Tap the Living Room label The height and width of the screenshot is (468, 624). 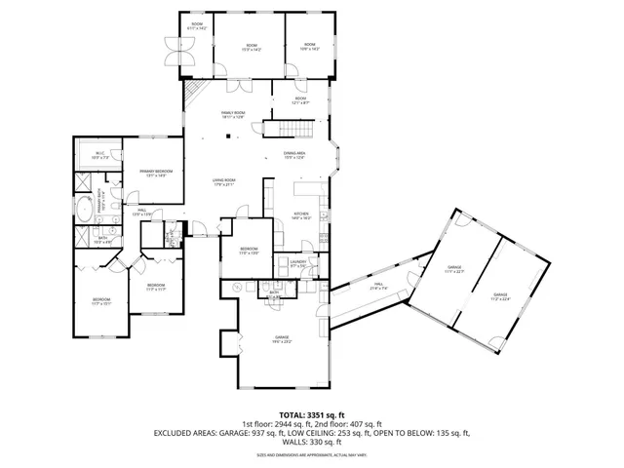click(x=225, y=182)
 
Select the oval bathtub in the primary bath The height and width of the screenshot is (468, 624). click(x=86, y=209)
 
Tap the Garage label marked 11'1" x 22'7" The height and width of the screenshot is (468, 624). click(x=454, y=268)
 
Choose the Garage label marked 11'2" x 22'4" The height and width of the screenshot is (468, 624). click(x=500, y=296)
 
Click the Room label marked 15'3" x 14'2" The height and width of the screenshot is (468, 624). click(x=252, y=47)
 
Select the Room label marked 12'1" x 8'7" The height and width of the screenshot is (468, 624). click(x=301, y=100)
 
